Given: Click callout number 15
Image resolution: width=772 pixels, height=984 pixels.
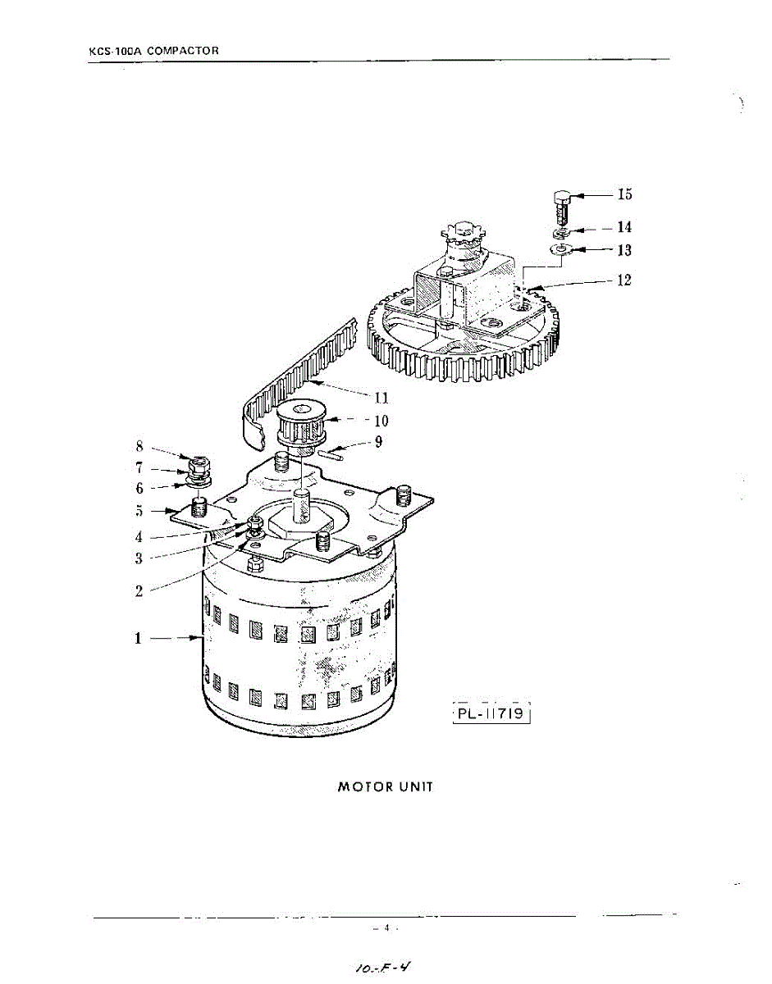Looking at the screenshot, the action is click(624, 195).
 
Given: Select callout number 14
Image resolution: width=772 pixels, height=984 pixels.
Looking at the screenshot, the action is click(624, 227).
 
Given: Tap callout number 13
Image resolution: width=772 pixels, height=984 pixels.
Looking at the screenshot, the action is click(624, 249).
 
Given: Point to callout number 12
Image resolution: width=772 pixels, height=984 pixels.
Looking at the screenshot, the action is click(624, 280).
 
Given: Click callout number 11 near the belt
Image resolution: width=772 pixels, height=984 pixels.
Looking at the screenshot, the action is click(381, 399).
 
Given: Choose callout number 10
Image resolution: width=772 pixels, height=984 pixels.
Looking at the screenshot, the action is click(381, 421).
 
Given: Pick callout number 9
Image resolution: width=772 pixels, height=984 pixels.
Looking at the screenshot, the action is click(378, 442).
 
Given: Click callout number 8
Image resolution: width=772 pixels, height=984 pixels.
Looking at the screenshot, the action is click(139, 447).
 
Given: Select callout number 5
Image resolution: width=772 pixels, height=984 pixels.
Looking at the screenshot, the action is click(139, 510).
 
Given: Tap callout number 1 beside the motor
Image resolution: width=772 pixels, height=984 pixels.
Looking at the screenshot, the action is click(139, 637).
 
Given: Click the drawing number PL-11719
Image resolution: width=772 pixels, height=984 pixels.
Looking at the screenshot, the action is click(493, 714).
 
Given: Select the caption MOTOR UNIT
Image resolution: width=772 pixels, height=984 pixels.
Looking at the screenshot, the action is click(386, 787).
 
